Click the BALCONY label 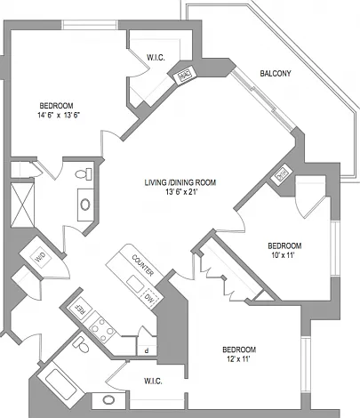tap(276, 73)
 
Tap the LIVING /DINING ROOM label tap(180, 182)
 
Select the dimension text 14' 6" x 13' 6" tap(59, 116)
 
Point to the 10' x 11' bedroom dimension tap(283, 255)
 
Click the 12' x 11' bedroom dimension tap(238, 359)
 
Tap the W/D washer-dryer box tap(40, 257)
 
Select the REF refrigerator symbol tap(80, 310)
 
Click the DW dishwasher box tap(151, 298)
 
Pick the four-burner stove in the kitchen tap(102, 329)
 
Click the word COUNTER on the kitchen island tap(143, 265)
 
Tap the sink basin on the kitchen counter tap(135, 284)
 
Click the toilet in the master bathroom tap(84, 173)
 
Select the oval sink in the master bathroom tap(85, 205)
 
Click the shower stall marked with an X tap(22, 205)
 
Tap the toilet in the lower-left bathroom tap(81, 344)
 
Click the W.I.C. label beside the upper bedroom tap(156, 58)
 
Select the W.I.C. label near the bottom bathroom tap(153, 381)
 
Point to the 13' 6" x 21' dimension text tap(181, 192)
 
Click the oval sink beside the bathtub tap(108, 400)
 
